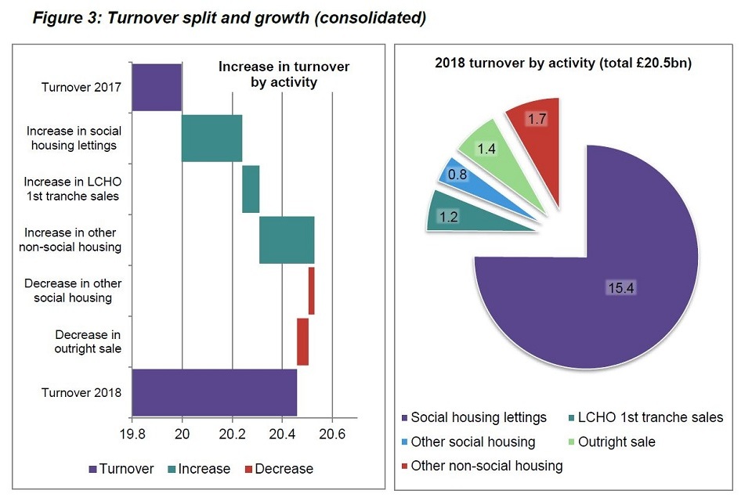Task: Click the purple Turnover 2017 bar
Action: point(157,87)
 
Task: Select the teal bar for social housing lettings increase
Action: point(211,138)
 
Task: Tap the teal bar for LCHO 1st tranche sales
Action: point(251,189)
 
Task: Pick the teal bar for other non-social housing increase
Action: point(287,240)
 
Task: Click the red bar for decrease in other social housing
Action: point(311,290)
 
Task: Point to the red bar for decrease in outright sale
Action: point(302,341)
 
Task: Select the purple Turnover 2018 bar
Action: point(214,392)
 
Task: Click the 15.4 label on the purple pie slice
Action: point(619,287)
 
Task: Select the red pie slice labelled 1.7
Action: point(535,125)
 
